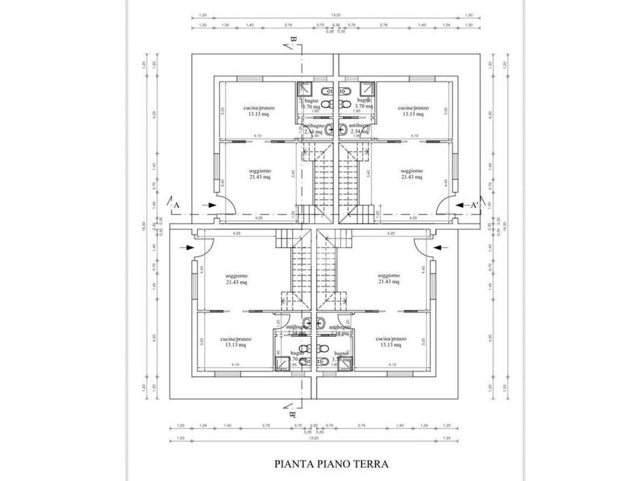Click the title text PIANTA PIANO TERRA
click(x=332, y=464)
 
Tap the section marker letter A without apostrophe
click(x=177, y=205)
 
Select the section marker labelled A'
click(x=475, y=205)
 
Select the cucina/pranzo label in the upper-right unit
click(x=413, y=111)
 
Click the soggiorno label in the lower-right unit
click(x=389, y=279)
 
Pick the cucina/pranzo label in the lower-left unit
click(x=235, y=342)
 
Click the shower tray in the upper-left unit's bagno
click(x=305, y=88)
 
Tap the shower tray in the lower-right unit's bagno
click(x=345, y=364)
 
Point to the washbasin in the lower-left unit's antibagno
click(x=306, y=323)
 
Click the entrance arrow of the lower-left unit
click(x=186, y=247)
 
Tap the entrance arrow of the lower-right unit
click(x=441, y=247)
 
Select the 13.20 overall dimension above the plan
click(x=336, y=15)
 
